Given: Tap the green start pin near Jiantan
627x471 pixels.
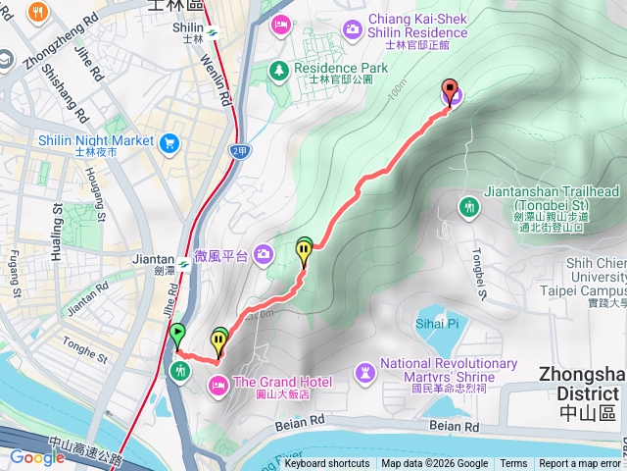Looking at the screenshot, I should pyautogui.click(x=177, y=334).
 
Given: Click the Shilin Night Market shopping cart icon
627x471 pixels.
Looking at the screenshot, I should pyautogui.click(x=170, y=142).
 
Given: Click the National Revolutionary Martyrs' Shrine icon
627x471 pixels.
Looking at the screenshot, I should pyautogui.click(x=365, y=371).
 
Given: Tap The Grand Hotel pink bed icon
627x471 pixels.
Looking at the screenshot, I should pyautogui.click(x=217, y=382).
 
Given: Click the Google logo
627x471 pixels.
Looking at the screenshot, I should pyautogui.click(x=37, y=457).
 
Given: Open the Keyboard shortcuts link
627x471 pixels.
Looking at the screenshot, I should pyautogui.click(x=327, y=464).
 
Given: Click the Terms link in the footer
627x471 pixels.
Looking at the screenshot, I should pyautogui.click(x=513, y=464).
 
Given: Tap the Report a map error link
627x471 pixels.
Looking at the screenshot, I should pyautogui.click(x=580, y=464).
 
